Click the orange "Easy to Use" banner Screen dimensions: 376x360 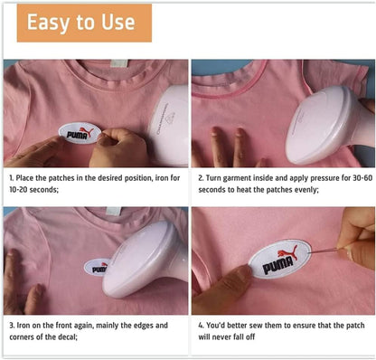click(84, 23)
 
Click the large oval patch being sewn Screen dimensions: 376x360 click(279, 259)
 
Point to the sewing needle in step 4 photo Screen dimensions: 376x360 click(325, 251)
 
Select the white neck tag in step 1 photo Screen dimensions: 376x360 click(119, 63)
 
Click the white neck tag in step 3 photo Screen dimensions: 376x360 click(114, 211)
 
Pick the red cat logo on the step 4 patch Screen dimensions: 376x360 click(287, 252)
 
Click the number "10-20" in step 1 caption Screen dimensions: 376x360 click(18, 190)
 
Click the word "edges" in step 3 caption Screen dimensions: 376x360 click(144, 326)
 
